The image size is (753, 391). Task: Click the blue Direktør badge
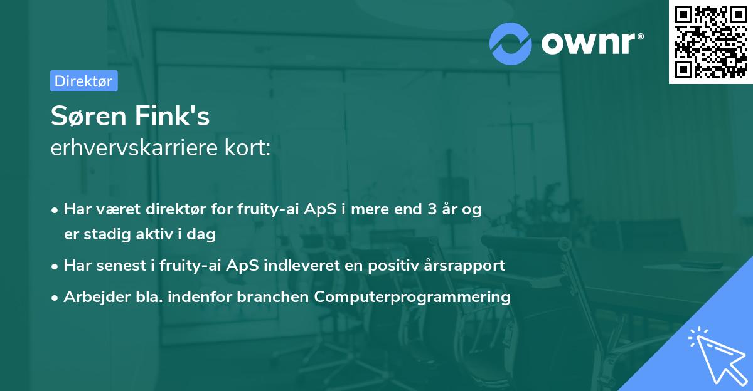(84, 81)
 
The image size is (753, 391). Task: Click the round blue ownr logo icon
(510, 44)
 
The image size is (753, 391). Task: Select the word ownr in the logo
(588, 43)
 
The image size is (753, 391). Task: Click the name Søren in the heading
(88, 116)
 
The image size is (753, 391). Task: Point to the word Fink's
(172, 115)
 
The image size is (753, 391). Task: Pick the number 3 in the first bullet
(432, 209)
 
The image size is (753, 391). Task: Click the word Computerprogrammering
(412, 297)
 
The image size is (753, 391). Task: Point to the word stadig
(107, 234)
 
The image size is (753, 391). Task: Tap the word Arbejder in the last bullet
(97, 296)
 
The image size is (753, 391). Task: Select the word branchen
(272, 296)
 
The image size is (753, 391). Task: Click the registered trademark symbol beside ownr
(640, 36)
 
